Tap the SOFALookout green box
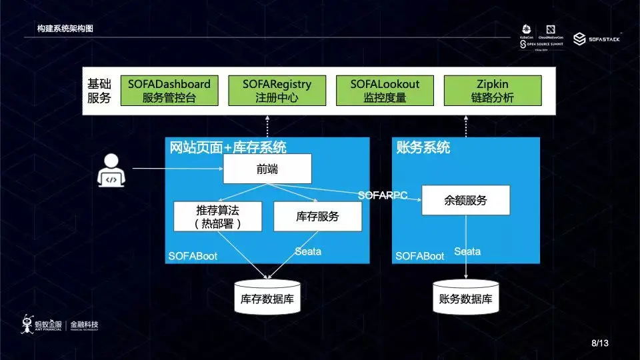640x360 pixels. tap(385, 91)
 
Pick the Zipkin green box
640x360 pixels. tap(493, 91)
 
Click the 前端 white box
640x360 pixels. tap(267, 169)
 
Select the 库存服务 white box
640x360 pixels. tap(317, 217)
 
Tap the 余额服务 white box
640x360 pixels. tap(465, 200)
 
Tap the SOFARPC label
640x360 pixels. tap(383, 195)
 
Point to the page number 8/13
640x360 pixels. tap(600, 343)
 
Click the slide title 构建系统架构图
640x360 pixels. tap(65, 29)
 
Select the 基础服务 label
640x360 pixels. tap(99, 91)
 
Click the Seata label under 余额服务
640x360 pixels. tap(467, 251)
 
